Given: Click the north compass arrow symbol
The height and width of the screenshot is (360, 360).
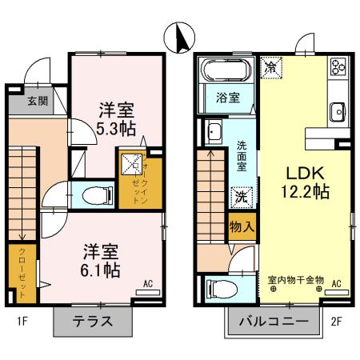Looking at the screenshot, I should coord(181,36).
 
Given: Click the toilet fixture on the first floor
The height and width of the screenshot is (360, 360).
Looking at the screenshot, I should coord(97,194).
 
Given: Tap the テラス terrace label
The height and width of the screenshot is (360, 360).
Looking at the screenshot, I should coord(93,323).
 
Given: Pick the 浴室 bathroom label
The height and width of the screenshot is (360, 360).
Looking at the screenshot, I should coord(227,98).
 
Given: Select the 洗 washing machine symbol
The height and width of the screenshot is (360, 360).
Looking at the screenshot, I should coord(241,195).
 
